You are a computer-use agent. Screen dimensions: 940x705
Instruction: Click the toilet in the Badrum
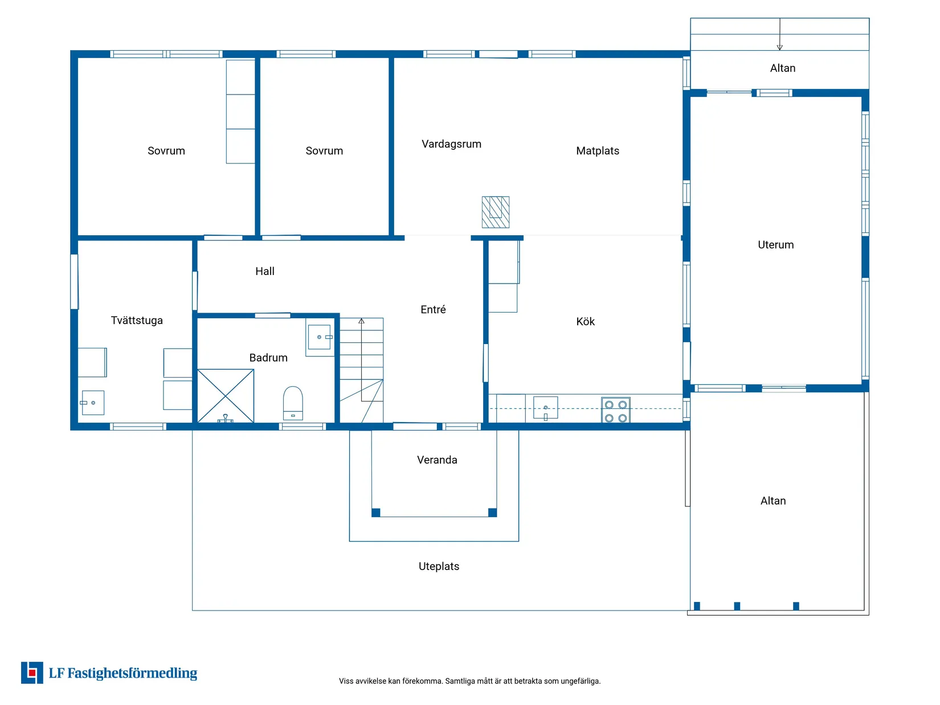click(x=293, y=403)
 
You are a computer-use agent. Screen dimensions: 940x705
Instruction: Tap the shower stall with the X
click(x=225, y=396)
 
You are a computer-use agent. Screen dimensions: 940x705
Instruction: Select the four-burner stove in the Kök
click(x=615, y=410)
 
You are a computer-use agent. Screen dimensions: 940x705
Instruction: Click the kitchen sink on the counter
click(x=545, y=407)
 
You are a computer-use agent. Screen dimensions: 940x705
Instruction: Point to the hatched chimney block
click(x=496, y=212)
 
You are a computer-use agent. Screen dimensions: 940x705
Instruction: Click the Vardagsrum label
click(x=451, y=144)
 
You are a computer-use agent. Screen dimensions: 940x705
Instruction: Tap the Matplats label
click(x=598, y=151)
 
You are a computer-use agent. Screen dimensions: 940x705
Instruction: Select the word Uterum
click(x=775, y=244)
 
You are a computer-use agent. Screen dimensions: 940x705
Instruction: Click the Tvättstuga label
click(x=137, y=320)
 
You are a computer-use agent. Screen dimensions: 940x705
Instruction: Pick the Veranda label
click(x=437, y=460)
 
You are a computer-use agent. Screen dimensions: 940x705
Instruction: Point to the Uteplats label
click(x=439, y=566)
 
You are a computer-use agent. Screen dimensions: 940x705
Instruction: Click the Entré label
click(x=433, y=309)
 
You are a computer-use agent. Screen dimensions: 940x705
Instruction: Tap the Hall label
click(x=265, y=271)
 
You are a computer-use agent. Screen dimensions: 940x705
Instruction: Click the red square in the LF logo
click(x=32, y=673)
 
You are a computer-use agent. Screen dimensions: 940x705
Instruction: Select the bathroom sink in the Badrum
click(x=320, y=337)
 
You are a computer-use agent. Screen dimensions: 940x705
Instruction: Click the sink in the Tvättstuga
click(x=92, y=403)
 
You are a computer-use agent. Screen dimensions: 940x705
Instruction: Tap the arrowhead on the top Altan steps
click(x=779, y=47)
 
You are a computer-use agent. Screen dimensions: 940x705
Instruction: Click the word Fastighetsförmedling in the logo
click(x=132, y=673)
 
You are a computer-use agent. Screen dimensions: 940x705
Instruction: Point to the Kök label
click(x=585, y=322)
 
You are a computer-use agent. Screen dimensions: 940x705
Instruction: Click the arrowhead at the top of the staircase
click(x=361, y=321)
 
